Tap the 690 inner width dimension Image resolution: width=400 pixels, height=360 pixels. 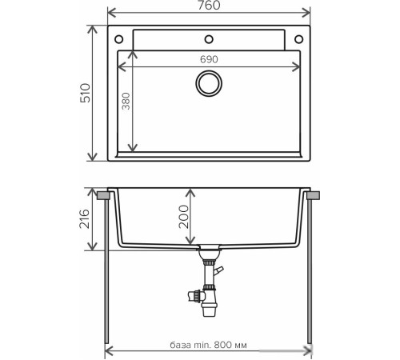pos(210,60)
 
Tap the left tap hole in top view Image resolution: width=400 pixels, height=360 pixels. pos(118,39)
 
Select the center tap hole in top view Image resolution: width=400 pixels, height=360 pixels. pos(210,38)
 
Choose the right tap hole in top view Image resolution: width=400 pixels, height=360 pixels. pos(301,39)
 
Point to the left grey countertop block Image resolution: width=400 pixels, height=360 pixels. pos(104,194)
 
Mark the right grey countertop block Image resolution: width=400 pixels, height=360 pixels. pos(314,194)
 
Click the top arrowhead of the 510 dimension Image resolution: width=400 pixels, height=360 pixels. pos(89,27)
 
